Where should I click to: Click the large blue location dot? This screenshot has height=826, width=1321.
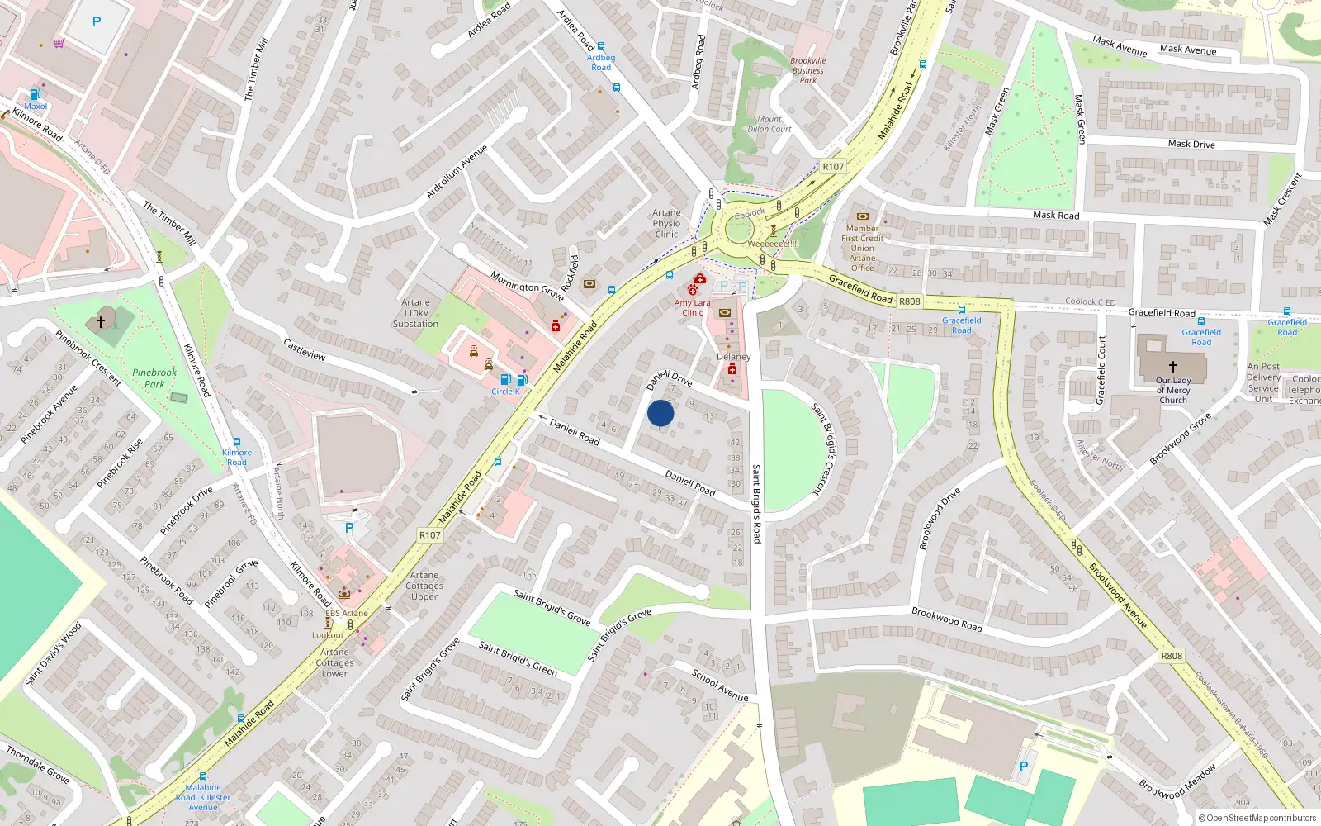coord(660,413)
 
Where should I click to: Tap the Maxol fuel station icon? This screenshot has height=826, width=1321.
coord(35,94)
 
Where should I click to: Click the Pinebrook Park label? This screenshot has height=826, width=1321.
coord(154,378)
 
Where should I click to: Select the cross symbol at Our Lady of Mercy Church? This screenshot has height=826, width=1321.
coord(1173,366)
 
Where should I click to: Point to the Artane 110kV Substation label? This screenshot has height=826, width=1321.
coord(415,313)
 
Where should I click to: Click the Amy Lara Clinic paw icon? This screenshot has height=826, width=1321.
coord(692,290)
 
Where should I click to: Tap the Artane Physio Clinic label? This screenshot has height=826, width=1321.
coord(666,223)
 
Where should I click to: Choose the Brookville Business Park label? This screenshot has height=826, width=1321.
coord(807,70)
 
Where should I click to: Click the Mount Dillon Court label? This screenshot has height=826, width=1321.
coord(769,124)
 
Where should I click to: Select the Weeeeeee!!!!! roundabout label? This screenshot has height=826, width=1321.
coord(773,244)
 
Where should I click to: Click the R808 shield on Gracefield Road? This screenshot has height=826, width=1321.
coord(909,301)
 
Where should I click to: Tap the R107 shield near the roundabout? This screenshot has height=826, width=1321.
coord(833,167)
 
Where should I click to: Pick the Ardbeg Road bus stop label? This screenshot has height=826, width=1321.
coord(601,62)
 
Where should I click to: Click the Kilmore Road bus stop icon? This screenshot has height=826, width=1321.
coord(237,443)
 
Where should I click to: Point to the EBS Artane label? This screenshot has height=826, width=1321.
coord(347,613)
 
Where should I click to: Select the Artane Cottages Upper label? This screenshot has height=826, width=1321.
coord(424,586)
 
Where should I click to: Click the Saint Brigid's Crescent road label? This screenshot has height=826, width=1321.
coord(828,449)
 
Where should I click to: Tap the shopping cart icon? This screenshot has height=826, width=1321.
coord(59,43)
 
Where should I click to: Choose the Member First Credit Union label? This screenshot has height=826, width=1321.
coord(862,248)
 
